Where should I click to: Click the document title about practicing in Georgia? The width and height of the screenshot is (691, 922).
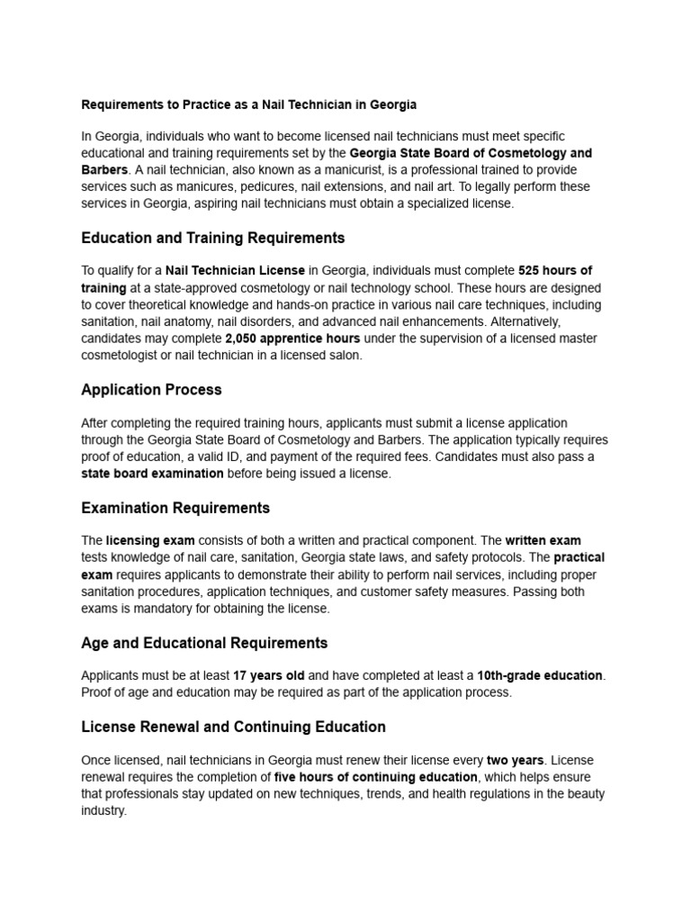click(248, 104)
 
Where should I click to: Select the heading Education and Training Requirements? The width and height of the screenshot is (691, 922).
click(212, 239)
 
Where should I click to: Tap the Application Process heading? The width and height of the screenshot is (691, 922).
click(151, 390)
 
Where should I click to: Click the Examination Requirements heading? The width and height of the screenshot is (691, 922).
click(175, 508)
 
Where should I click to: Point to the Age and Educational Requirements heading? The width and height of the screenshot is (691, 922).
click(204, 643)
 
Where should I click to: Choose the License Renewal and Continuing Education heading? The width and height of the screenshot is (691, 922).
click(233, 727)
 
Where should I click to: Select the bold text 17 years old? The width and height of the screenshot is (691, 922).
click(269, 675)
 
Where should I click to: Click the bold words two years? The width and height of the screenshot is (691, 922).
click(514, 760)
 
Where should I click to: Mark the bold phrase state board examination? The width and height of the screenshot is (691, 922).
click(152, 474)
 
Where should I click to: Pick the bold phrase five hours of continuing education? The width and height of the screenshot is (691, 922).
click(376, 777)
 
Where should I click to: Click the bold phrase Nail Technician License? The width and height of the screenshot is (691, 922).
click(236, 271)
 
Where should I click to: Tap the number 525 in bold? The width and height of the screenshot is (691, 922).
click(530, 271)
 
